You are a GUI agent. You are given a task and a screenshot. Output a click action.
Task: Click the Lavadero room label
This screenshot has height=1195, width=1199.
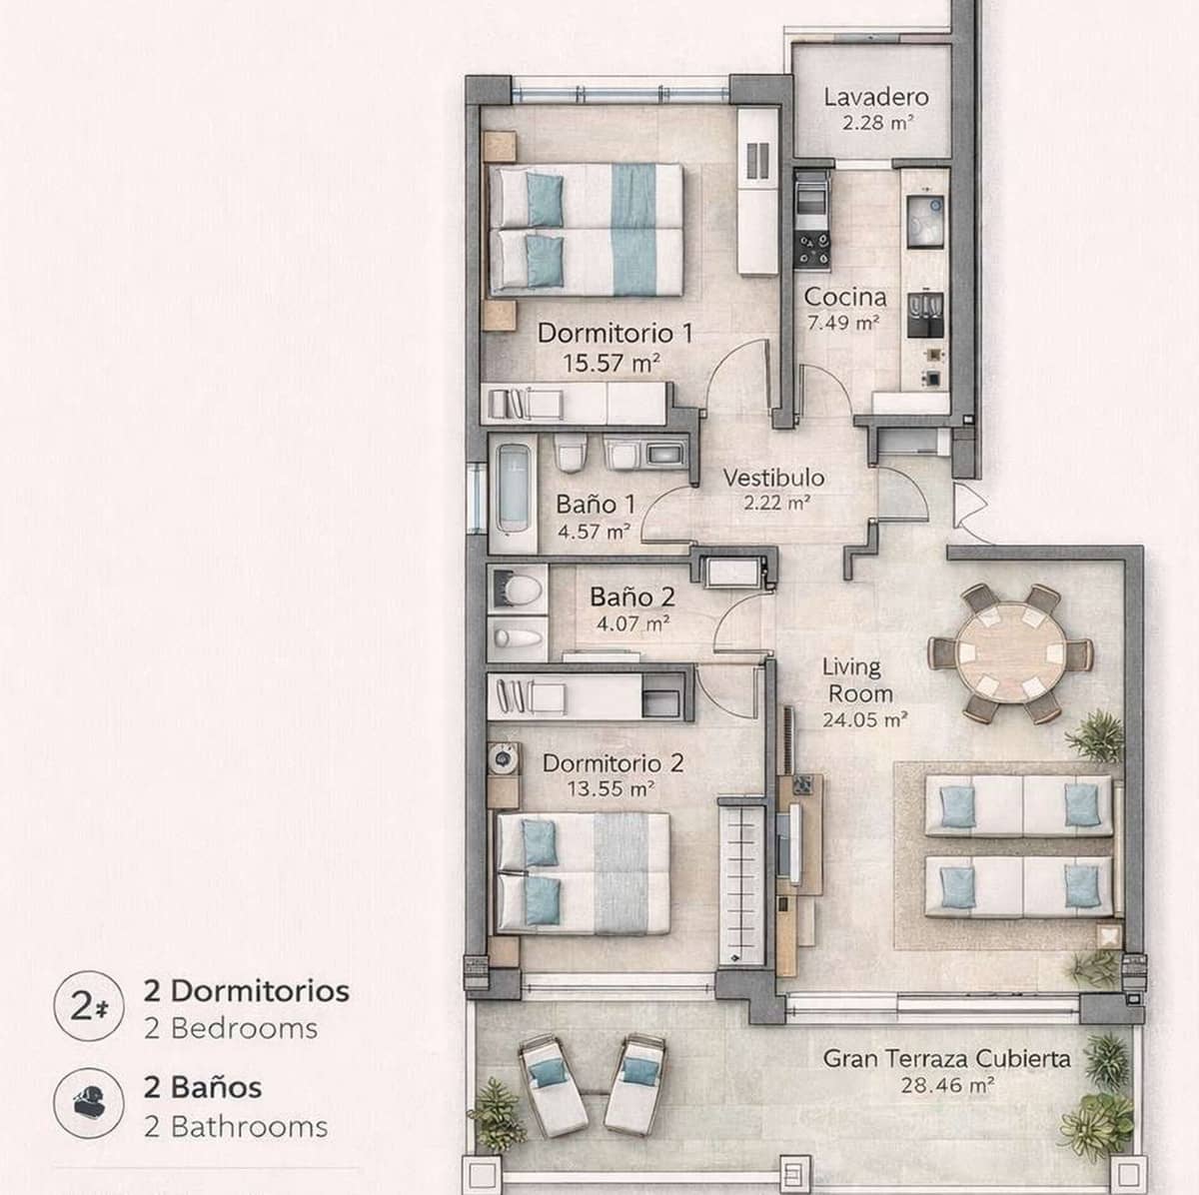(x=875, y=97)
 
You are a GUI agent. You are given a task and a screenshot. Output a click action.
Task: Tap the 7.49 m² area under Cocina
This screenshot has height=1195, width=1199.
(x=843, y=323)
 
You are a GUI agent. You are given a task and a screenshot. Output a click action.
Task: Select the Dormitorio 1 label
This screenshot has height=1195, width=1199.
(x=614, y=333)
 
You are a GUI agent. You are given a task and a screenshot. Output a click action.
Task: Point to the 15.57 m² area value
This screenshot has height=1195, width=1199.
(x=611, y=363)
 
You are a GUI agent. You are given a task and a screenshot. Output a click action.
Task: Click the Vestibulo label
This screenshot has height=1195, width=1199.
(x=773, y=477)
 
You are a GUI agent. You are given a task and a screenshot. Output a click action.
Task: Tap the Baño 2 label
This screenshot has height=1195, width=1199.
(x=631, y=597)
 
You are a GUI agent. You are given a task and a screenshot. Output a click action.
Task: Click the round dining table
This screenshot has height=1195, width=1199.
(x=1010, y=654)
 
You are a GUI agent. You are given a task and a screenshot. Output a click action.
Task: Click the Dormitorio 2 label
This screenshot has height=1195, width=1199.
(x=612, y=763)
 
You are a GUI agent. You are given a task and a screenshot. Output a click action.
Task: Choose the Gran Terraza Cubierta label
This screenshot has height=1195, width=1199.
(x=946, y=1058)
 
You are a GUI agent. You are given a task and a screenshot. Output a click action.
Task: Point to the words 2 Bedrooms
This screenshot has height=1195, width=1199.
(x=231, y=1028)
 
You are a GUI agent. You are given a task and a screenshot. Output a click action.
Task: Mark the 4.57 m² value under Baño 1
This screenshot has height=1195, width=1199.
(x=594, y=532)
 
